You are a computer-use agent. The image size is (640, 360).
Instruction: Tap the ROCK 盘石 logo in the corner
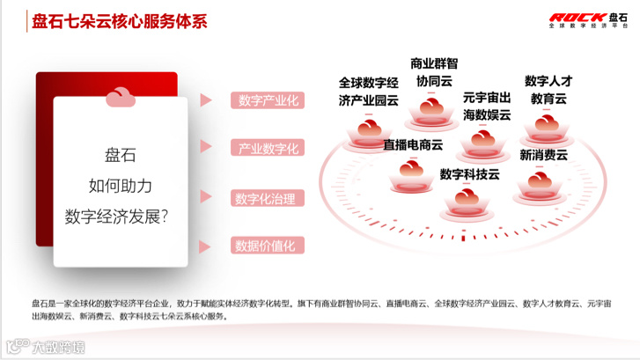coord(590,20)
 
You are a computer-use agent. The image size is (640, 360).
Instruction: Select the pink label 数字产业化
coord(268,100)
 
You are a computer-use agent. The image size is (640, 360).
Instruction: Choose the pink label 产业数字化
coord(268,148)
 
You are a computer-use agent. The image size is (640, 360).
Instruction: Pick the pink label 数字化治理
coord(268,198)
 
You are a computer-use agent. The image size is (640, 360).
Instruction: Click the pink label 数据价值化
coord(268,246)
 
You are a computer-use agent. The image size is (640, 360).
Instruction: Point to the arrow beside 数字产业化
coord(207,100)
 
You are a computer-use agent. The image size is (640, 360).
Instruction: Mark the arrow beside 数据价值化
coord(207,246)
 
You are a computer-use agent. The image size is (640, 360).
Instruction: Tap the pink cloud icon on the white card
coord(121,98)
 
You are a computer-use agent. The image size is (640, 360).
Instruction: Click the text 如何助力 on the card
coord(121,185)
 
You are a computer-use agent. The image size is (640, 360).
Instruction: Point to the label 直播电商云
coord(412,145)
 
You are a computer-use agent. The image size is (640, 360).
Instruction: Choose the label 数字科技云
coord(469,173)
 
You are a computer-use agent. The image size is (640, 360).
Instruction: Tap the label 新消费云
coord(543,155)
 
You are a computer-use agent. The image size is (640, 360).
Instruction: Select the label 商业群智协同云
coord(434,71)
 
